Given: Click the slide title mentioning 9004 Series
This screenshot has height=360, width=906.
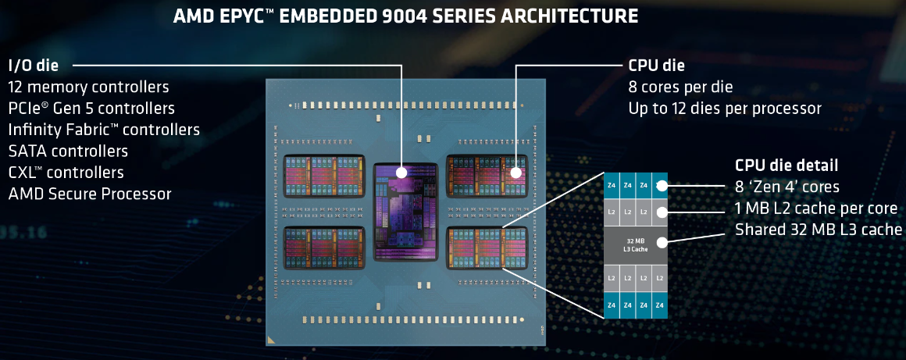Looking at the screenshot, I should (405, 16).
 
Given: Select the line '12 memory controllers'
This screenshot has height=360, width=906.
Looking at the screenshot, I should (88, 87).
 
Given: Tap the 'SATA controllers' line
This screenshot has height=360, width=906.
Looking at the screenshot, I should (68, 151).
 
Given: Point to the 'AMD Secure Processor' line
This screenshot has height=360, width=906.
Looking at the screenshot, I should (89, 194).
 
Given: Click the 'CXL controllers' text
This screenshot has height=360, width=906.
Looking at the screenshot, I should (66, 172).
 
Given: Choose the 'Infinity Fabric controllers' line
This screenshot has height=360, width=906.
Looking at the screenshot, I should (104, 130).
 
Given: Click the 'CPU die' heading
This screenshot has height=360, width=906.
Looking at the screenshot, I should (656, 66).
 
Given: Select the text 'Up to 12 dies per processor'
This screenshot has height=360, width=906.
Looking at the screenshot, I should (725, 109).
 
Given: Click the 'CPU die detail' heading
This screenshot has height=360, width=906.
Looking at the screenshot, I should (787, 166).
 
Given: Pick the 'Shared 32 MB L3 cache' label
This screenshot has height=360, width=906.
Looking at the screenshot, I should (819, 230).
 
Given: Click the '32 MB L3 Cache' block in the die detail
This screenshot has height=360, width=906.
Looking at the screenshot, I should (635, 244).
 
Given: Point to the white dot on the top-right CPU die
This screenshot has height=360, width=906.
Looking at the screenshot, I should (515, 172).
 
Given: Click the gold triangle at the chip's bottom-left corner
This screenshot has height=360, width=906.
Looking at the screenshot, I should (271, 340).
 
